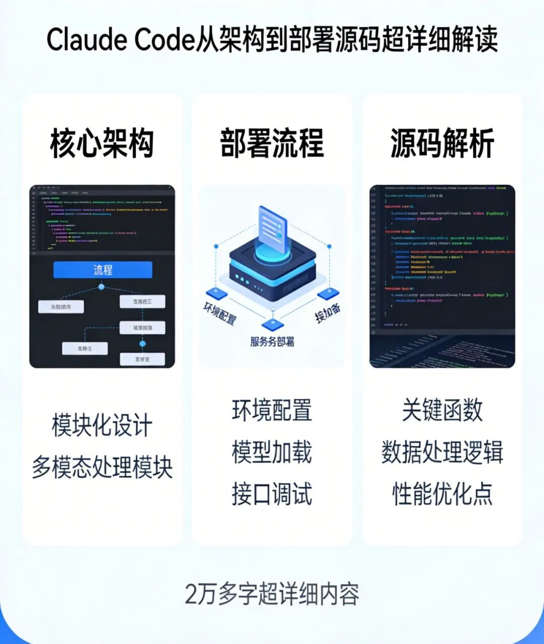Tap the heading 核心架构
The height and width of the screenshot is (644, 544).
(x=102, y=143)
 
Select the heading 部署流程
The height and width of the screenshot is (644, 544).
(x=272, y=143)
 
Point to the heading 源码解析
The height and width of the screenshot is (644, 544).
(x=442, y=143)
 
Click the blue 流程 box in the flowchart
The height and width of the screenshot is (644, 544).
(x=103, y=270)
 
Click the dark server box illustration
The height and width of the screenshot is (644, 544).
(x=273, y=272)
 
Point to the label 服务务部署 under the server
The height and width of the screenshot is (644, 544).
(x=272, y=342)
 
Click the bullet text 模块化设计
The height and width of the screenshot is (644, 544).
(x=102, y=425)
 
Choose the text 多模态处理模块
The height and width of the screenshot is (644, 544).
(x=102, y=467)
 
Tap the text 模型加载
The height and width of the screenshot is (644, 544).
(x=272, y=452)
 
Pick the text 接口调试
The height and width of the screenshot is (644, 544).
(x=272, y=494)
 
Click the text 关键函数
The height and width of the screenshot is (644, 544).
(x=442, y=410)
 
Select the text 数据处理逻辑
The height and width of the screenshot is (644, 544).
(x=442, y=452)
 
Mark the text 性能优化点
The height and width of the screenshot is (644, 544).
(x=442, y=494)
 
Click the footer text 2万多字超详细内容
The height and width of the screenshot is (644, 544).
(x=272, y=594)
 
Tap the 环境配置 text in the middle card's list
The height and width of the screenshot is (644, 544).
(x=272, y=410)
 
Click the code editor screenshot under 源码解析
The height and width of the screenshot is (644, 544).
(x=442, y=276)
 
